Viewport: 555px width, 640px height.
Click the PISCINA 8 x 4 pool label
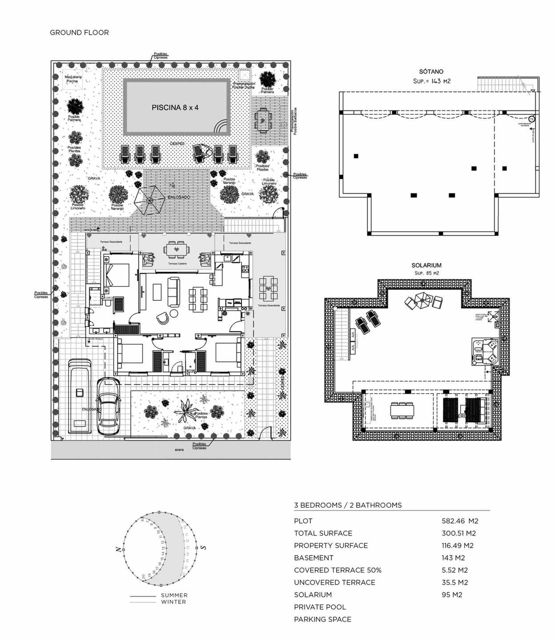click(175, 108)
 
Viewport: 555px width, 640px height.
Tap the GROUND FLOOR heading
click(79, 32)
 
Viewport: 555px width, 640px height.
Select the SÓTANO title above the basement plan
click(431, 72)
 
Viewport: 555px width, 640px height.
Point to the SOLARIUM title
click(426, 265)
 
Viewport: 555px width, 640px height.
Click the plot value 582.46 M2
click(460, 521)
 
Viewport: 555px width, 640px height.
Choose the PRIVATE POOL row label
click(320, 607)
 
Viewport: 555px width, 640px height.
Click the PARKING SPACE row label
click(322, 619)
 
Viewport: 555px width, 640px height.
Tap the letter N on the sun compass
click(118, 549)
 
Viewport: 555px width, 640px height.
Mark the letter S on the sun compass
click(203, 548)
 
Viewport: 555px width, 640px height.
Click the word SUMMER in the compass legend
click(174, 596)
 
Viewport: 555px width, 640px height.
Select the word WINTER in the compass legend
click(173, 602)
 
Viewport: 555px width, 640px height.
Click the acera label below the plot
click(179, 450)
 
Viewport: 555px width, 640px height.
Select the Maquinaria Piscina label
click(72, 79)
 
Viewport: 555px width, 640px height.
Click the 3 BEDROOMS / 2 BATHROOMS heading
click(348, 505)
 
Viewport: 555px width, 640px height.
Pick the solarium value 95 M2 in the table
click(452, 595)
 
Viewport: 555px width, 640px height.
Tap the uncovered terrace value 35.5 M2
click(455, 582)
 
